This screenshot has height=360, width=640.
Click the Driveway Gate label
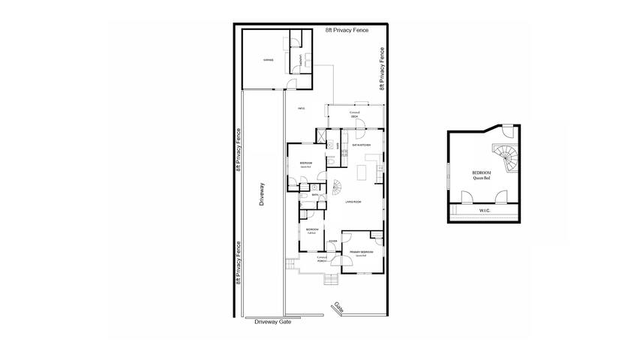(x=272, y=322)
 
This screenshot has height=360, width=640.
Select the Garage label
(x=267, y=60)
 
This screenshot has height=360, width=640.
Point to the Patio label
(x=302, y=109)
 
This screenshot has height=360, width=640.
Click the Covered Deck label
(x=355, y=114)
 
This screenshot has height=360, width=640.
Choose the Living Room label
(x=353, y=202)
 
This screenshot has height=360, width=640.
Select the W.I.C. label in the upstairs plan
(x=485, y=211)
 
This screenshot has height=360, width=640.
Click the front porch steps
(x=329, y=280)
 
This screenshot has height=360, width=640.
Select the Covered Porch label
(x=322, y=259)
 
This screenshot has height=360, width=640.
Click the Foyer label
(x=332, y=241)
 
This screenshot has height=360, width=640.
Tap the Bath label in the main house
(x=317, y=195)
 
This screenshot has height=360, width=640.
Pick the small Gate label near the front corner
(x=339, y=307)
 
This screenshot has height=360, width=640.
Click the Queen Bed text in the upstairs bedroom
(x=481, y=178)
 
